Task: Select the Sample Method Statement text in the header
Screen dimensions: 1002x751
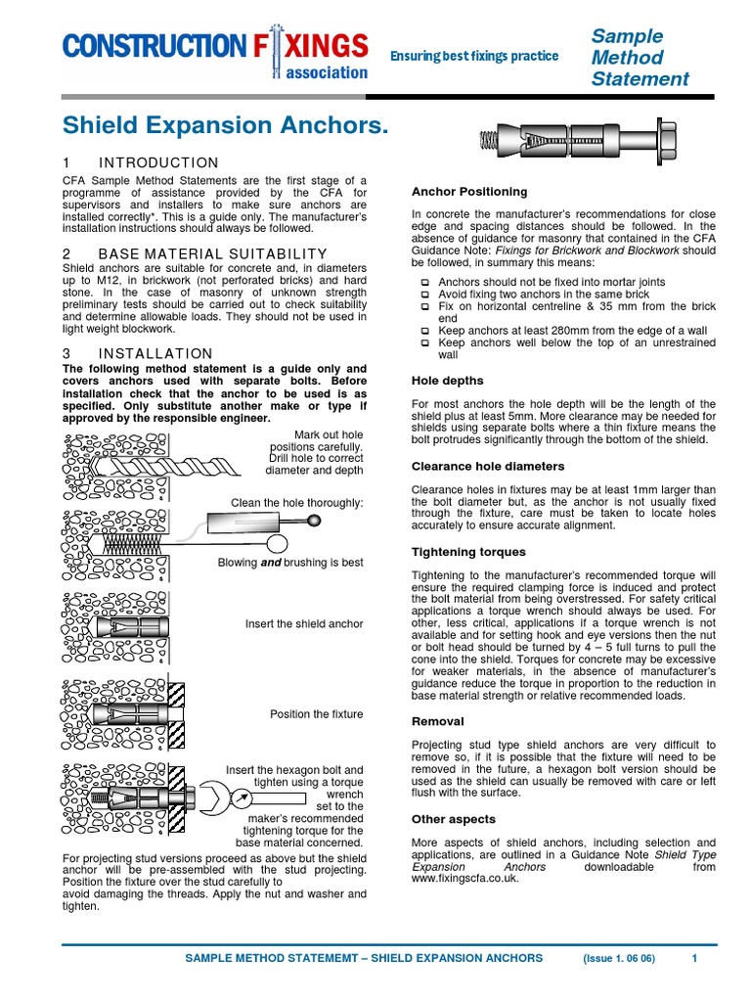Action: point(640,58)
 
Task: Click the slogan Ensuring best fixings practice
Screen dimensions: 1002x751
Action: point(474,56)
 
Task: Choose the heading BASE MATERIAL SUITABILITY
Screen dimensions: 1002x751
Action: point(196,254)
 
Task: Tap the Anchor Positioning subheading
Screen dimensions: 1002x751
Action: point(469,192)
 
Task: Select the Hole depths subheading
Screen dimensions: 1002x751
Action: point(447,380)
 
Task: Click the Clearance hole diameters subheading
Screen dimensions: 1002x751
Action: point(488,467)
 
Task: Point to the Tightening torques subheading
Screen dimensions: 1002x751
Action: point(468,552)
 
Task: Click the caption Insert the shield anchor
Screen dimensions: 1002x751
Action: point(304,623)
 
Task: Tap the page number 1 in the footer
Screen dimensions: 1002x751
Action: point(694,958)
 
